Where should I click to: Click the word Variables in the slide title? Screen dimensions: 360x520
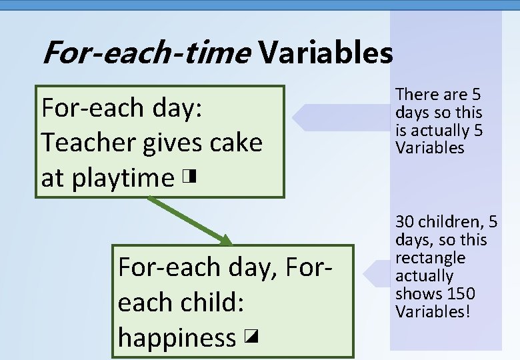pyautogui.click(x=326, y=53)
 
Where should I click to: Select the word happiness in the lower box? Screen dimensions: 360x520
pyautogui.click(x=177, y=338)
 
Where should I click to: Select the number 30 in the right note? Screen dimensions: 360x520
pyautogui.click(x=405, y=222)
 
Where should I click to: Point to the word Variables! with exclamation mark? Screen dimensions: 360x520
pyautogui.click(x=433, y=311)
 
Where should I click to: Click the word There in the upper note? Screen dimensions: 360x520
pyautogui.click(x=417, y=95)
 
